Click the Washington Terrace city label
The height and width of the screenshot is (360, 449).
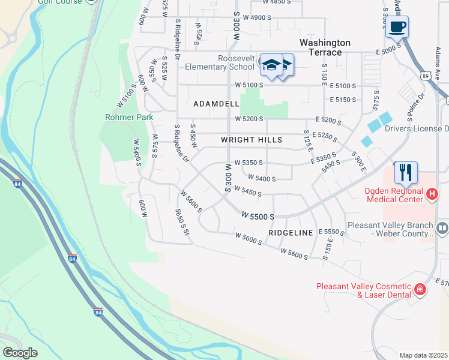point(325,47)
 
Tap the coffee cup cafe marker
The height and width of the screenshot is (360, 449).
point(397,27)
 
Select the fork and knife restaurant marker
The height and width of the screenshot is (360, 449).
point(406,173)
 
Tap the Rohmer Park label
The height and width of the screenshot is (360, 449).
point(128,117)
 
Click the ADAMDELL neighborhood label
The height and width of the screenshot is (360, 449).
point(216,104)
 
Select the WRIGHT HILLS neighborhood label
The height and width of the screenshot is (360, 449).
point(252,140)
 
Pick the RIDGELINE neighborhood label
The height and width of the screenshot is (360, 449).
point(291,232)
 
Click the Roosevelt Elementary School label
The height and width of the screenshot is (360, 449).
point(220,62)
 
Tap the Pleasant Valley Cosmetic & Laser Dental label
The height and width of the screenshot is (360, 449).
point(364,290)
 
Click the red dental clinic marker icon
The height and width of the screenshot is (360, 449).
point(420,290)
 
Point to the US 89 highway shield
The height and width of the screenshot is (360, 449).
point(425,76)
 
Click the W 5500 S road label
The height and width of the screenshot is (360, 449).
point(258,215)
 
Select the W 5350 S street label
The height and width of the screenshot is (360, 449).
point(249,162)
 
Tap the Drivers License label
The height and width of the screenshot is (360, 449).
point(417,128)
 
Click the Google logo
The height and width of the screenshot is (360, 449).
point(20,353)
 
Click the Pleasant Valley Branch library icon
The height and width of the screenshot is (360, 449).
point(442,227)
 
